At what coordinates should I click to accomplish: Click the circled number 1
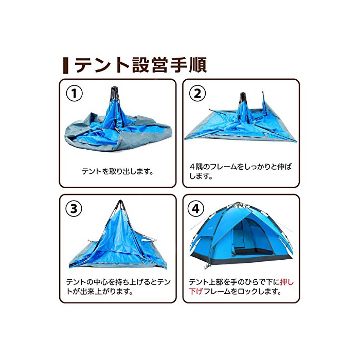[x=74, y=93]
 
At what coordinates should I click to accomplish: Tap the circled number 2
[x=197, y=93]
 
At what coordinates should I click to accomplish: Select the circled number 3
[x=74, y=209]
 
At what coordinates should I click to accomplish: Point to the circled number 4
[x=196, y=209]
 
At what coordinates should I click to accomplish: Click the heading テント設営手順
[x=140, y=65]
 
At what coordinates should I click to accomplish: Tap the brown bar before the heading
[x=66, y=65]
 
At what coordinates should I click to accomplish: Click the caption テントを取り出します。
[x=118, y=171]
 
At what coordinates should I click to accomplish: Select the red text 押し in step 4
[x=287, y=282]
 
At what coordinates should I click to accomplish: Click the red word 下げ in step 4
[x=196, y=292]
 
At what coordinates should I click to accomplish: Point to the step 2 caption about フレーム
[x=240, y=171]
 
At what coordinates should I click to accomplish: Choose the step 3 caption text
[x=118, y=286]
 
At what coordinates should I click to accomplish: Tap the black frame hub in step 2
[x=243, y=97]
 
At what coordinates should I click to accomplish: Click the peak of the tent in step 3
[x=120, y=202]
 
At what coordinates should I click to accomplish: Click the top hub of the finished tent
[x=238, y=204]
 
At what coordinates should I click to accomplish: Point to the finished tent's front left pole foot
[x=206, y=267]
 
